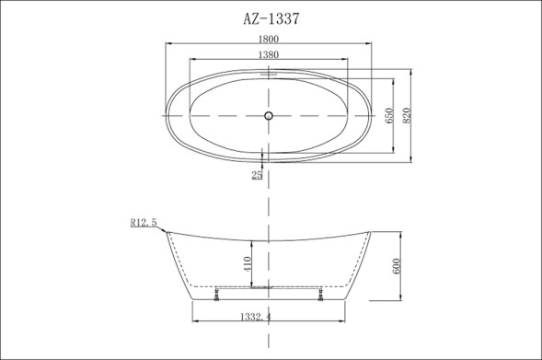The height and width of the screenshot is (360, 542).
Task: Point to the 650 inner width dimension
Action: coord(388,115)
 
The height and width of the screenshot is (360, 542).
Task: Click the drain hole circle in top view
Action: coord(269,116)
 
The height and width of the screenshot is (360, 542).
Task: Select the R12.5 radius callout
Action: coord(144,222)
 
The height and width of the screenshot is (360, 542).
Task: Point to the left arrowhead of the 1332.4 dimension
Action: coord(193,322)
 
